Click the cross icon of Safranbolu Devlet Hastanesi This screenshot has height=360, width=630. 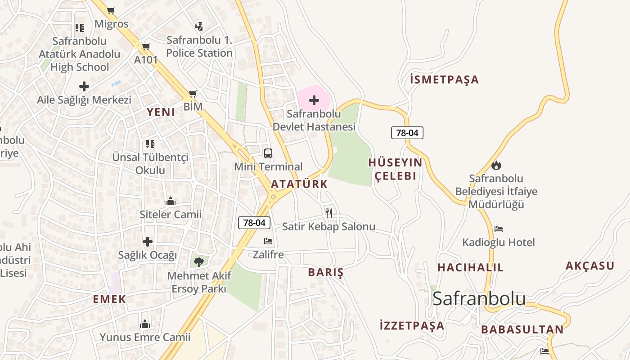point(314,100)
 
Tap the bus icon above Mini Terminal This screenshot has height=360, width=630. point(268,153)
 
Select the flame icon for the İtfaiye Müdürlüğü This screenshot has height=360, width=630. point(496,165)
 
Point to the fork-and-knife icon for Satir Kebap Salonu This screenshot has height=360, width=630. point(329,213)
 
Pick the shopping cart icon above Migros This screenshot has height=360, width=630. point(111,10)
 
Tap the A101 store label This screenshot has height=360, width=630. point(146,59)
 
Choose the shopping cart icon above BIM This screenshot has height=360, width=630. point(193,94)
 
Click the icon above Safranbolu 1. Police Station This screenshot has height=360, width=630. point(199,27)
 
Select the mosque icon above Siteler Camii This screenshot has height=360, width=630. point(170,201)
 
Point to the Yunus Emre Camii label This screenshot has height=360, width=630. point(145,337)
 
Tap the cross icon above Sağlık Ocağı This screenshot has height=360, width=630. point(148,242)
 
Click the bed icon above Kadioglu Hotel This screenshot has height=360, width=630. point(498,229)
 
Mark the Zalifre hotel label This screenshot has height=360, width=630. point(268,255)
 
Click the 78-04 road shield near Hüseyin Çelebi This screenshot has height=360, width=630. point(407,133)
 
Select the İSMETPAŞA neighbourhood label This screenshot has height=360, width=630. point(444,80)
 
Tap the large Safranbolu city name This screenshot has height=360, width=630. point(479,298)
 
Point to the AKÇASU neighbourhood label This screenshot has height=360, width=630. point(589,265)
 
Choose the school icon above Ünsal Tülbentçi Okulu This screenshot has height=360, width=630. point(150,144)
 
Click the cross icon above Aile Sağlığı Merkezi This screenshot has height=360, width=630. point(84,86)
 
